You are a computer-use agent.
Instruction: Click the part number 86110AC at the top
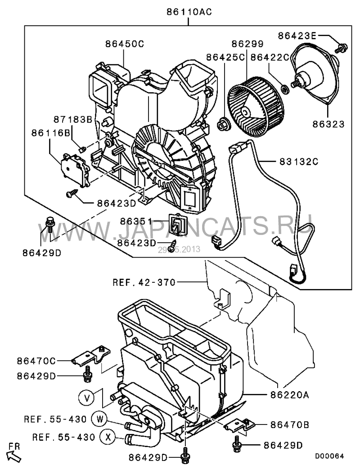click(189, 12)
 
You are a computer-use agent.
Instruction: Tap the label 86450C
click(125, 44)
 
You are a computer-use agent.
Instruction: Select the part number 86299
click(247, 44)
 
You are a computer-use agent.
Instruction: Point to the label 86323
click(328, 124)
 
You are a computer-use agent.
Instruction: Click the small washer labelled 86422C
click(285, 89)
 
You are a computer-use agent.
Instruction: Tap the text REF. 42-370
click(144, 282)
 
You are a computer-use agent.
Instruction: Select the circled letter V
click(87, 398)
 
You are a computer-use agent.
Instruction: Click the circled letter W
click(100, 419)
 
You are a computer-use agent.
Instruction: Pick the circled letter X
click(108, 437)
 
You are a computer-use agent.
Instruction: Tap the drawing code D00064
click(329, 456)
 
